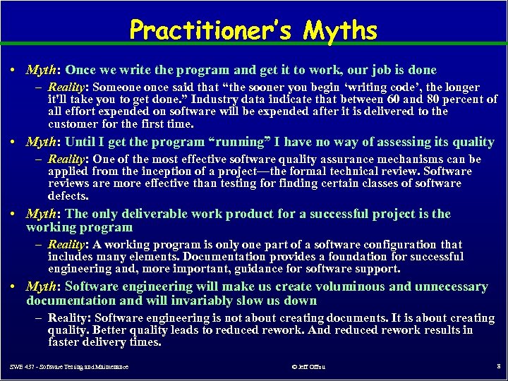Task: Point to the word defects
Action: pyautogui.click(x=68, y=195)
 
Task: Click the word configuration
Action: pyautogui.click(x=396, y=245)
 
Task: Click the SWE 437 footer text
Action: pyautogui.click(x=69, y=367)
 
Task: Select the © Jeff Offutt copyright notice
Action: pyautogui.click(x=308, y=367)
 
